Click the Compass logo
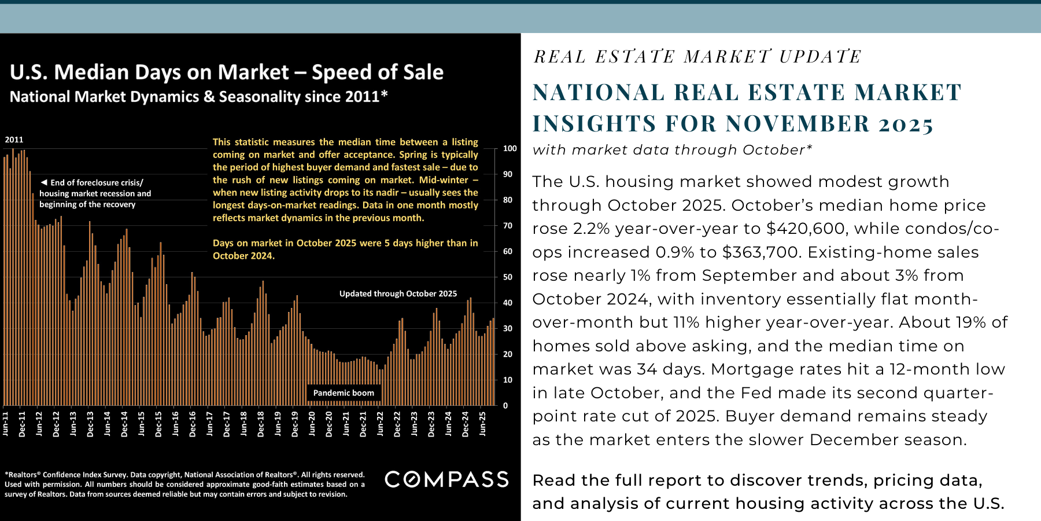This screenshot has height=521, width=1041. point(446,479)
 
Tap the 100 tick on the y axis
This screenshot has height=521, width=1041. point(510,149)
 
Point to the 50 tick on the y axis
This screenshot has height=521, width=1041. point(508,277)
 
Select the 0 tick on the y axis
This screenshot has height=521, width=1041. point(505,406)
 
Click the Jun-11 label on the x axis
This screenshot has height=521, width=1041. point(6,423)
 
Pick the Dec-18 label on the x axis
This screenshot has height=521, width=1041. point(261,424)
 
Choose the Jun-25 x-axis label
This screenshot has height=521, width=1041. point(483,423)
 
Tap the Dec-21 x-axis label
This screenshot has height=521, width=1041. point(363,424)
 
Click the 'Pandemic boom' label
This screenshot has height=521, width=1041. point(344,393)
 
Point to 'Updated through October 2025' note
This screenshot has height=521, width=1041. point(398,294)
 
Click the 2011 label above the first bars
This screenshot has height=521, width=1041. point(14,140)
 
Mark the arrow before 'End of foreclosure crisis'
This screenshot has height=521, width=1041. point(43,182)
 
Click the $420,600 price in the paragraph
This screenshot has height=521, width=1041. point(806,229)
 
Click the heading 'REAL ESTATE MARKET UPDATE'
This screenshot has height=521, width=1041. point(697,57)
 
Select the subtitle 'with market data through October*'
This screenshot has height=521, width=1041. point(672,150)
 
